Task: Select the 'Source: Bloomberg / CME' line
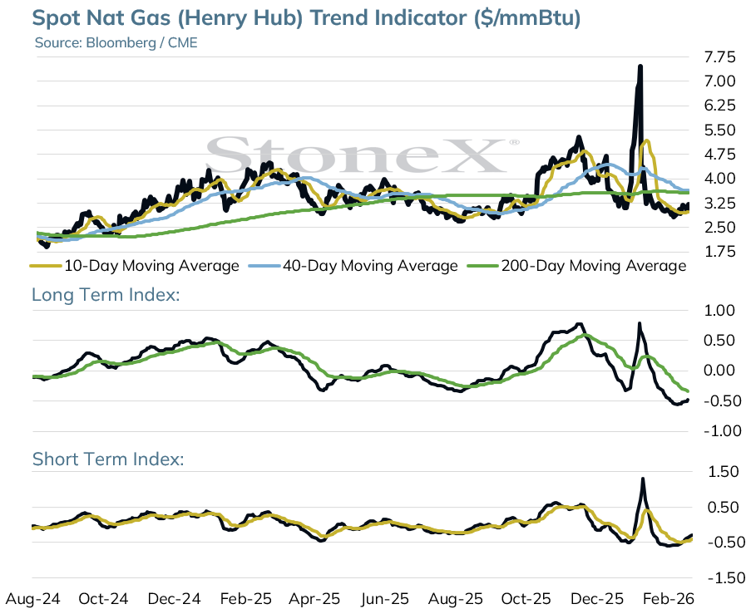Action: (116, 42)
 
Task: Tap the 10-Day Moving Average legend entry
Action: (135, 266)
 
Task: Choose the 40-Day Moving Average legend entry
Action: (353, 266)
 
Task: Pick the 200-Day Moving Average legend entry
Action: (577, 266)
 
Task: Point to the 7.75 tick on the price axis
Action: (720, 57)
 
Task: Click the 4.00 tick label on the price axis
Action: (720, 179)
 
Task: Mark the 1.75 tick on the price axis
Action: (720, 252)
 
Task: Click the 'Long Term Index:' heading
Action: (106, 295)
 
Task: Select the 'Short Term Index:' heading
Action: (108, 459)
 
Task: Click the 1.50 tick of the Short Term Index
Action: (724, 472)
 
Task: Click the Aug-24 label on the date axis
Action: (32, 598)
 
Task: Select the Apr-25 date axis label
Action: (314, 598)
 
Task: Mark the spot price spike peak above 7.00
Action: (640, 66)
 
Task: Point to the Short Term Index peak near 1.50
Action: (643, 479)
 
